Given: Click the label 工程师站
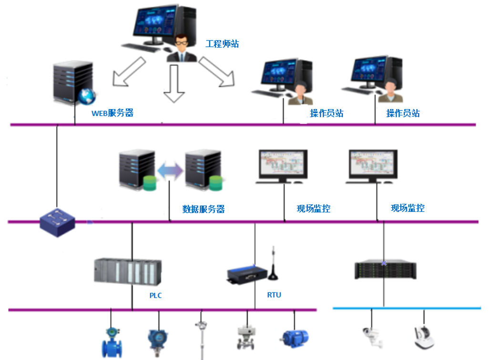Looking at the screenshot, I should [x=222, y=44].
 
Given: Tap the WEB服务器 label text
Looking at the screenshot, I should [x=112, y=113].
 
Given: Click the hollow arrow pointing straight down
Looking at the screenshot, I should [x=173, y=83].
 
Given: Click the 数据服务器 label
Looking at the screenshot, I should [x=204, y=209].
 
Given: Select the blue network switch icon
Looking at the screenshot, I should [x=57, y=222].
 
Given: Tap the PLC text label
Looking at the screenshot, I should [x=155, y=296].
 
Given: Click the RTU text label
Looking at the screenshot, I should [x=274, y=295].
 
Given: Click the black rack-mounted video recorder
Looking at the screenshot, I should [x=385, y=270].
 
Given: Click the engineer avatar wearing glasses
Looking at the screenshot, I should [x=182, y=48].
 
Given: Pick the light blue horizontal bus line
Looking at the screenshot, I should [x=405, y=308].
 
